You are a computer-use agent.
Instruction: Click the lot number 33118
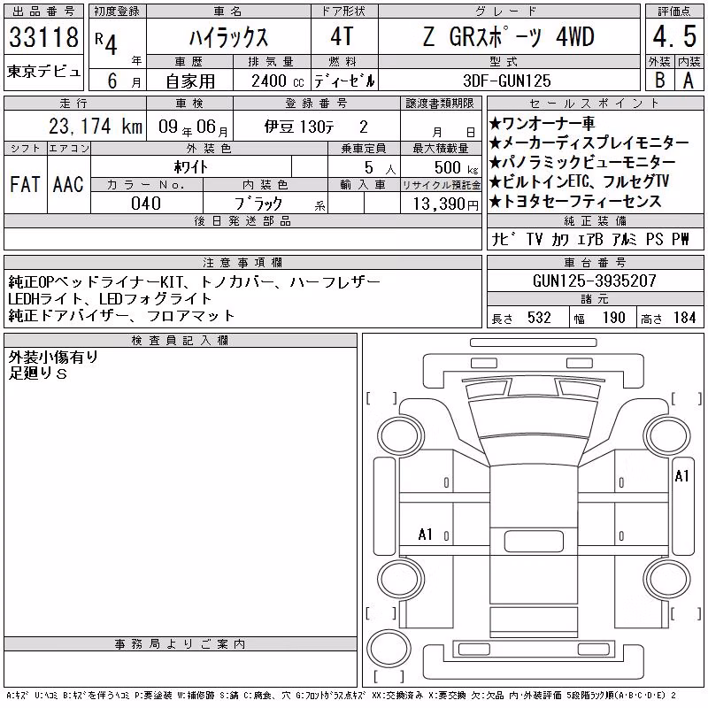pos(43,37)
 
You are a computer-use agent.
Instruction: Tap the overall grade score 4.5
pos(674,36)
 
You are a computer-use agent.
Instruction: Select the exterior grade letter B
pos(659,81)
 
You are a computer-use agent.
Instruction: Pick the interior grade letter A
pos(689,81)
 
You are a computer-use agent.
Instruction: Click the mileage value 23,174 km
pos(96,127)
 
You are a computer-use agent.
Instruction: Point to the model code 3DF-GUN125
pos(507,81)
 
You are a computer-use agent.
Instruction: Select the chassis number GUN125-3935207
pos(594,281)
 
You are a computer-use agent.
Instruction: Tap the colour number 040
pos(146,204)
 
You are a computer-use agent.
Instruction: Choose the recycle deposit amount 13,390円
pos(446,204)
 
